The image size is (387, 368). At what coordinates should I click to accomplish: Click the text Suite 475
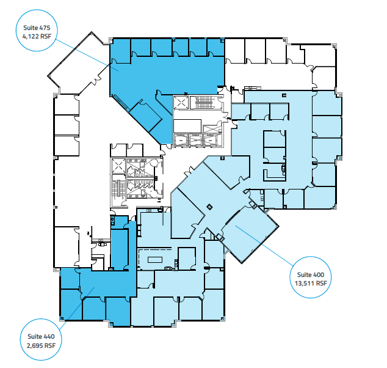37,28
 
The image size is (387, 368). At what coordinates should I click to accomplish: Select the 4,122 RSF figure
37,36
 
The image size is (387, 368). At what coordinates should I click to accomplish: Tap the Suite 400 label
311,274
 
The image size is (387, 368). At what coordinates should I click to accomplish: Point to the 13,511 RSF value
311,283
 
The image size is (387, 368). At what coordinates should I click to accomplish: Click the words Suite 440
41,336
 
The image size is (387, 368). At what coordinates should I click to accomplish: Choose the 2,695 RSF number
41,345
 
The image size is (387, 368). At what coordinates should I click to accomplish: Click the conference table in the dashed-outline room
155,260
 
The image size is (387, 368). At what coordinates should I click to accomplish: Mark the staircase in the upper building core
204,103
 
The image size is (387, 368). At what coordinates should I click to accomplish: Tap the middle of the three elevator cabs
195,140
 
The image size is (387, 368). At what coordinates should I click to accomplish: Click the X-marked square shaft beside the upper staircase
181,103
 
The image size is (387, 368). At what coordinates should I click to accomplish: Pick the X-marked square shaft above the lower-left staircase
118,166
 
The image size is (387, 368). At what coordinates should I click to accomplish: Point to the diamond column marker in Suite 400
209,207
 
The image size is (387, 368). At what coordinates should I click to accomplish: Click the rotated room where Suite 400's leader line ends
250,234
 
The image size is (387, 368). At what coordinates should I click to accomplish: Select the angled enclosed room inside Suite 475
146,116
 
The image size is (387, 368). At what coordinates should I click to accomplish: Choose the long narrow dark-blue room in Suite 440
120,249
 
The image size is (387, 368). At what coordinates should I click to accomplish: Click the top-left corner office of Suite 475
121,51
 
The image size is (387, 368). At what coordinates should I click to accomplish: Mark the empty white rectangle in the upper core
187,126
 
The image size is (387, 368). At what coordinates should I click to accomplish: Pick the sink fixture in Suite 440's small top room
113,219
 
